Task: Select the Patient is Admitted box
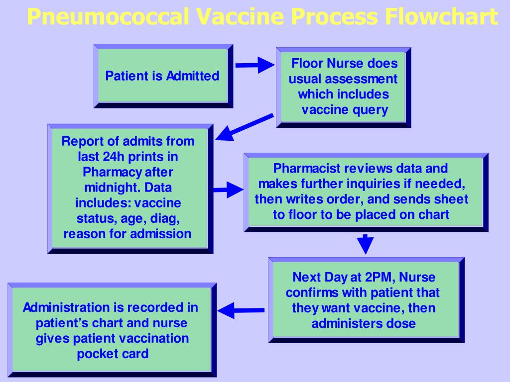(x=162, y=76)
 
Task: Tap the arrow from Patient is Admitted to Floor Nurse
(x=255, y=65)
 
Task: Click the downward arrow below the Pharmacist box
(x=366, y=244)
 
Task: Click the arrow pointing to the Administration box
(x=241, y=310)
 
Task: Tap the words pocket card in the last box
(x=113, y=354)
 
